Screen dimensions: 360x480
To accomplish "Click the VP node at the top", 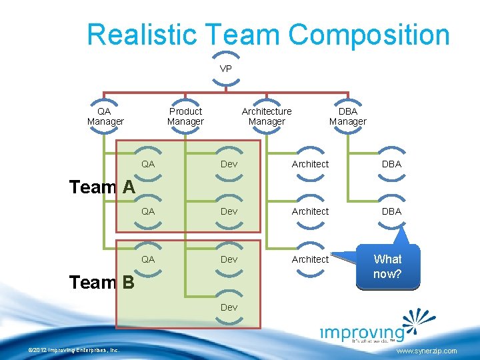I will coord(226,69).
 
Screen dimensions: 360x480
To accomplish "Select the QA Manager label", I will coord(105,116).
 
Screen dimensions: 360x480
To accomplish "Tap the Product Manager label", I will coord(185,116).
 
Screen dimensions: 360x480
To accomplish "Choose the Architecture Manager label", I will coord(267,116).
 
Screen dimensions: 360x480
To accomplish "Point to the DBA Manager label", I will coord(347,116).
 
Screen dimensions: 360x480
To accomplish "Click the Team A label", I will coord(102,187).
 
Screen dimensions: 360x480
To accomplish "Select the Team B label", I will coord(102,283).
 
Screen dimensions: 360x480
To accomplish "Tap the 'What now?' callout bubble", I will coord(387,266).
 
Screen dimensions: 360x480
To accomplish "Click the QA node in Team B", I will coord(148,259).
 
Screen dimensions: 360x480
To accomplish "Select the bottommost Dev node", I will coord(229,307).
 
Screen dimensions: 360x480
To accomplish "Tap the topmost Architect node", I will coord(310,164).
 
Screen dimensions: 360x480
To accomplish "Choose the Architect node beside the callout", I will coord(310,259).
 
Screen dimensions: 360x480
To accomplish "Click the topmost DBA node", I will coord(391,164).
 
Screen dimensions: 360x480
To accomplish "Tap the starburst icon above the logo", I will coord(419,320).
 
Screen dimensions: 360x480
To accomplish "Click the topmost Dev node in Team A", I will coord(229,164).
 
